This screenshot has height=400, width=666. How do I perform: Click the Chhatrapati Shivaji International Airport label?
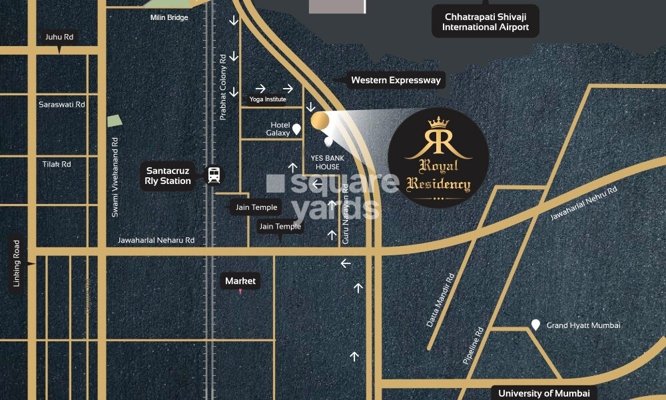point(485,21)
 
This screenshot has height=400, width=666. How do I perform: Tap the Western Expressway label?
point(396,80)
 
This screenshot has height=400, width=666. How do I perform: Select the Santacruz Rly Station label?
point(168,175)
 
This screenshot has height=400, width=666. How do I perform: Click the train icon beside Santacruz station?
point(214,175)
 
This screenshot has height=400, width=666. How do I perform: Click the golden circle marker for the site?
point(320,120)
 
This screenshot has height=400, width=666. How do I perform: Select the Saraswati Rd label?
point(62,105)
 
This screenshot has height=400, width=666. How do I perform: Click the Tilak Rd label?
point(57,164)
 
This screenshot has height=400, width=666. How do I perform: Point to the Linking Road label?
point(17,263)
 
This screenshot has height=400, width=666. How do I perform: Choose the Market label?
point(240,281)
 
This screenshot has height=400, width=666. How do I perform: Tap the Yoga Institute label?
point(268,99)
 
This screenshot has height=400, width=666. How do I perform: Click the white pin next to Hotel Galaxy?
point(296,129)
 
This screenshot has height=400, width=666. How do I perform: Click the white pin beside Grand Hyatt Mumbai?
point(535,325)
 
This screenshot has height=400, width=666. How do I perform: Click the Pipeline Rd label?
point(473,345)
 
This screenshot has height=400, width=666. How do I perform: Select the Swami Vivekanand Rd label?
point(115,177)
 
